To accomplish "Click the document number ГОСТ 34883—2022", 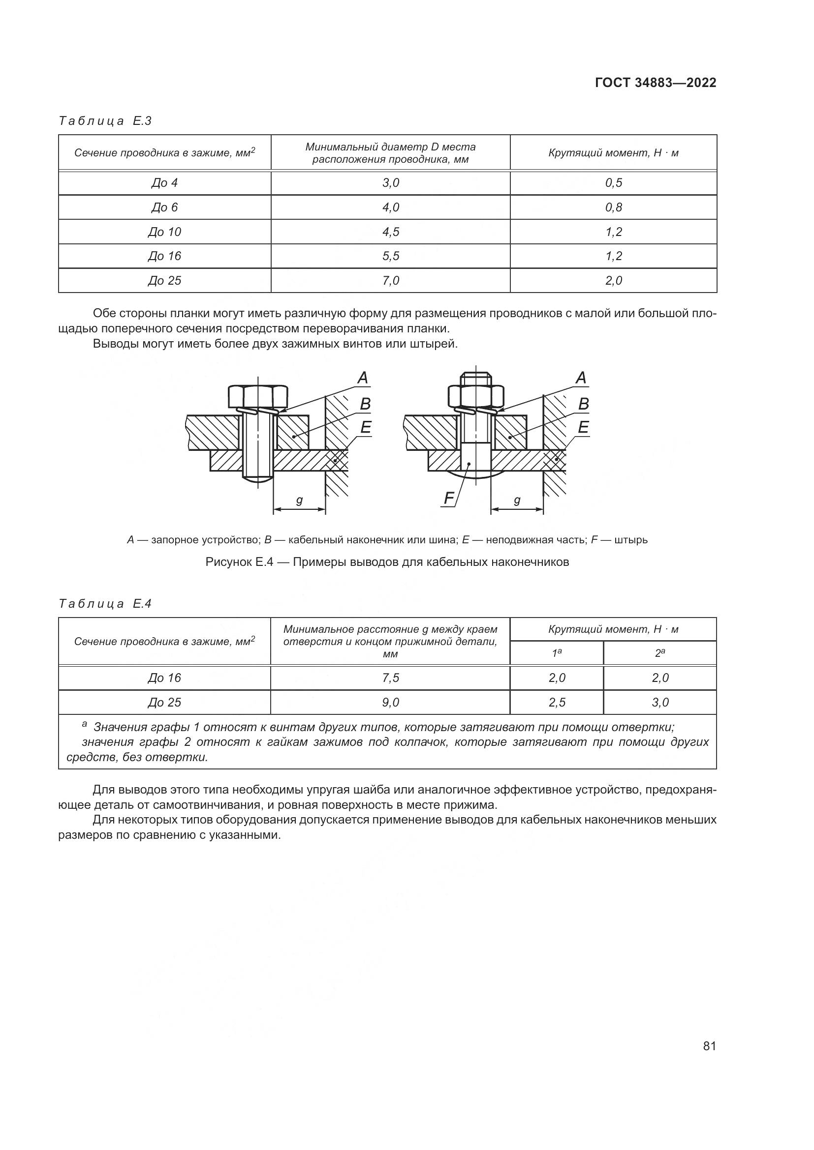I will coord(655,83).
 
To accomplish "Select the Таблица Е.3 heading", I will coord(105,121).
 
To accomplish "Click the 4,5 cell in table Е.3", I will coord(390,232).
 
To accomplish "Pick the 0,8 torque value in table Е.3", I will coord(613,207).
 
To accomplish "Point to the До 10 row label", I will coord(164,232).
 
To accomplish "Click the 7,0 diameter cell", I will coord(390,280).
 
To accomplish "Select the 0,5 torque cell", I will coord(613,183).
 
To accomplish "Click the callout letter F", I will coord(449,498).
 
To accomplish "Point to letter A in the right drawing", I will coord(581,378).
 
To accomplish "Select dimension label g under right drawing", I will coord(517,501).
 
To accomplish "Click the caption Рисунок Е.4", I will coord(387,562).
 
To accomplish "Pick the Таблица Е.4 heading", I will coord(105,604).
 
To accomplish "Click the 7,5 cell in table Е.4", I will coord(390,678).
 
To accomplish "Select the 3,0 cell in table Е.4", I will coord(659,702).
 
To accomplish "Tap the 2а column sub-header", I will coord(659,653).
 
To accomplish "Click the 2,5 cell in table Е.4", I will coord(557,702).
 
